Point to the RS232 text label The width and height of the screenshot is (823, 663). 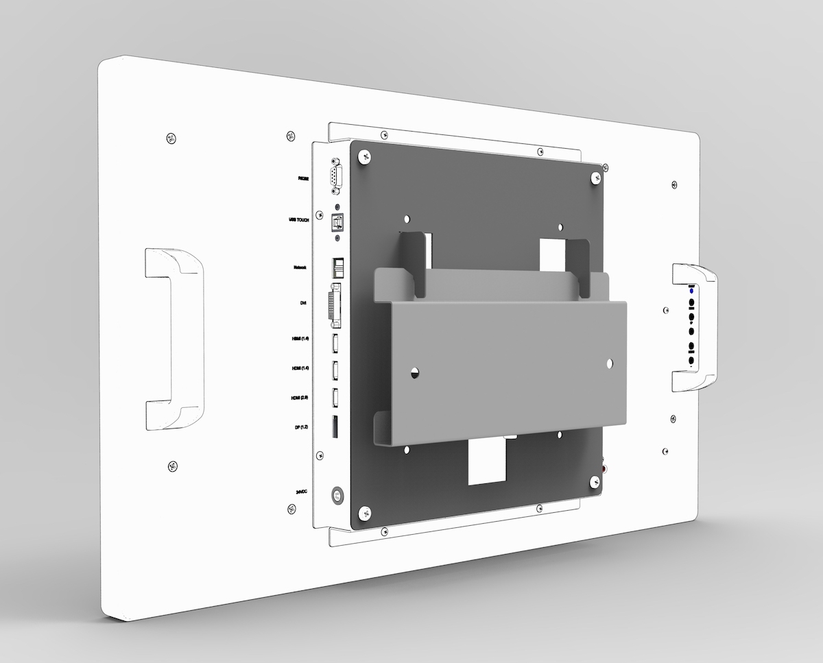(302, 178)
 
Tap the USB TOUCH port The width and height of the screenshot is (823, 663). (337, 221)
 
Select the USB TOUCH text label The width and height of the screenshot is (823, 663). (299, 221)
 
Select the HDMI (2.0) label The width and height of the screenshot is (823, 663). (300, 398)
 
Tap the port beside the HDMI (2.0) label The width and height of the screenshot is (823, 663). (336, 398)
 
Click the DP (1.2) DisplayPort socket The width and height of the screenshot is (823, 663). (335, 426)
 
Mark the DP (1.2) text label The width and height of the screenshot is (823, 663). (301, 427)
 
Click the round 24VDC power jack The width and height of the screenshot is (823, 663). (337, 494)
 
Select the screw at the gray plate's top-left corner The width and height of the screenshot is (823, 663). (363, 158)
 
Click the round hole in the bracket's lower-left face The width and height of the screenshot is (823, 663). (414, 374)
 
